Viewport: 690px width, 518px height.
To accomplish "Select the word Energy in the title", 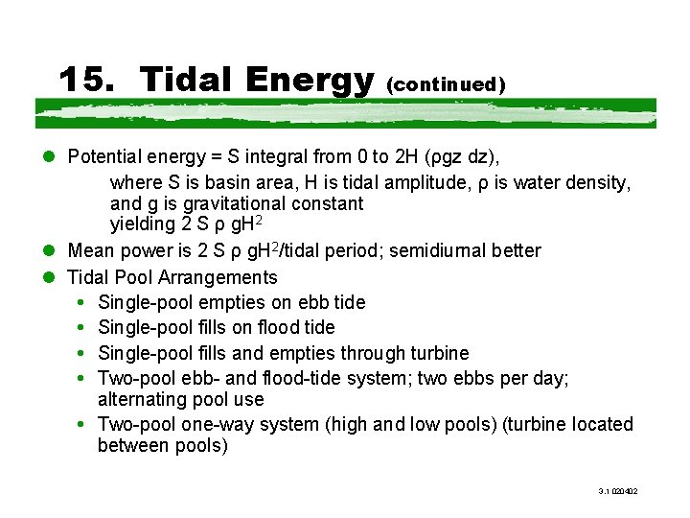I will [x=308, y=81].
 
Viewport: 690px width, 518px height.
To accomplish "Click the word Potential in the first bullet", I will [x=104, y=156].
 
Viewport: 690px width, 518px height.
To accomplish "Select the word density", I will [x=599, y=180].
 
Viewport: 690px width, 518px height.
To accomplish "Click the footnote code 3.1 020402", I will [x=618, y=491].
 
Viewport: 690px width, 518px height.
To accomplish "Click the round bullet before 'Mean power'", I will [x=47, y=251].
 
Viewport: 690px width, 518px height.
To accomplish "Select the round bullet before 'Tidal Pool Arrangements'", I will [x=47, y=277].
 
